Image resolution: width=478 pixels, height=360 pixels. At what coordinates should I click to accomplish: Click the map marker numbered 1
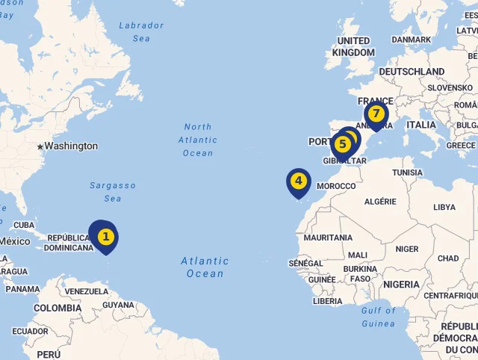[106, 236]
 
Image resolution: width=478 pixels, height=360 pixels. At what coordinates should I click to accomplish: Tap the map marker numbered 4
[298, 181]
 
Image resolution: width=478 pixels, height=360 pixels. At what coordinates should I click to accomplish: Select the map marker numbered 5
[342, 143]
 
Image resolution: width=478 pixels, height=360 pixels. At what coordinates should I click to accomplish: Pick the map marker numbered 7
[376, 114]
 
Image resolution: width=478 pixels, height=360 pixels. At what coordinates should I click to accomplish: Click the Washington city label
[71, 146]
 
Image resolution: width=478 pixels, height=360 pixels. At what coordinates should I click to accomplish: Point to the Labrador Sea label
[141, 31]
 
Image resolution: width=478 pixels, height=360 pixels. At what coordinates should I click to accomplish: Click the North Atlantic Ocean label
[198, 140]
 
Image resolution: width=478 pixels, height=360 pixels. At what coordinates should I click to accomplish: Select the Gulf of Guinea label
[378, 317]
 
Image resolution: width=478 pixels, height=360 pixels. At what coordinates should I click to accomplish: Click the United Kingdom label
[353, 46]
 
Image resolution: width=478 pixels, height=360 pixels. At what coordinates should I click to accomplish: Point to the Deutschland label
[412, 71]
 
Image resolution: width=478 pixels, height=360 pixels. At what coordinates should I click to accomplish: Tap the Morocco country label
[336, 185]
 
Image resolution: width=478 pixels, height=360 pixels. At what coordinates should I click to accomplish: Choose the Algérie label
[379, 201]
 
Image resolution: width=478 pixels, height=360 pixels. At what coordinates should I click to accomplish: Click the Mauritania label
[328, 238]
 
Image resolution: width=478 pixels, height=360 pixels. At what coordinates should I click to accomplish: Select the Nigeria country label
[402, 285]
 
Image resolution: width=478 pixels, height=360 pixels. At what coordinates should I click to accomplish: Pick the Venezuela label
[87, 291]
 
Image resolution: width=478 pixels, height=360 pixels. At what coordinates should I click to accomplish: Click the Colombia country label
[57, 308]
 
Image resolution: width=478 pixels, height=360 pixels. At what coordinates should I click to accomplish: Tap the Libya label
[444, 207]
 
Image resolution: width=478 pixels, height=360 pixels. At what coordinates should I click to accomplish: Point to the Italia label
[421, 125]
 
